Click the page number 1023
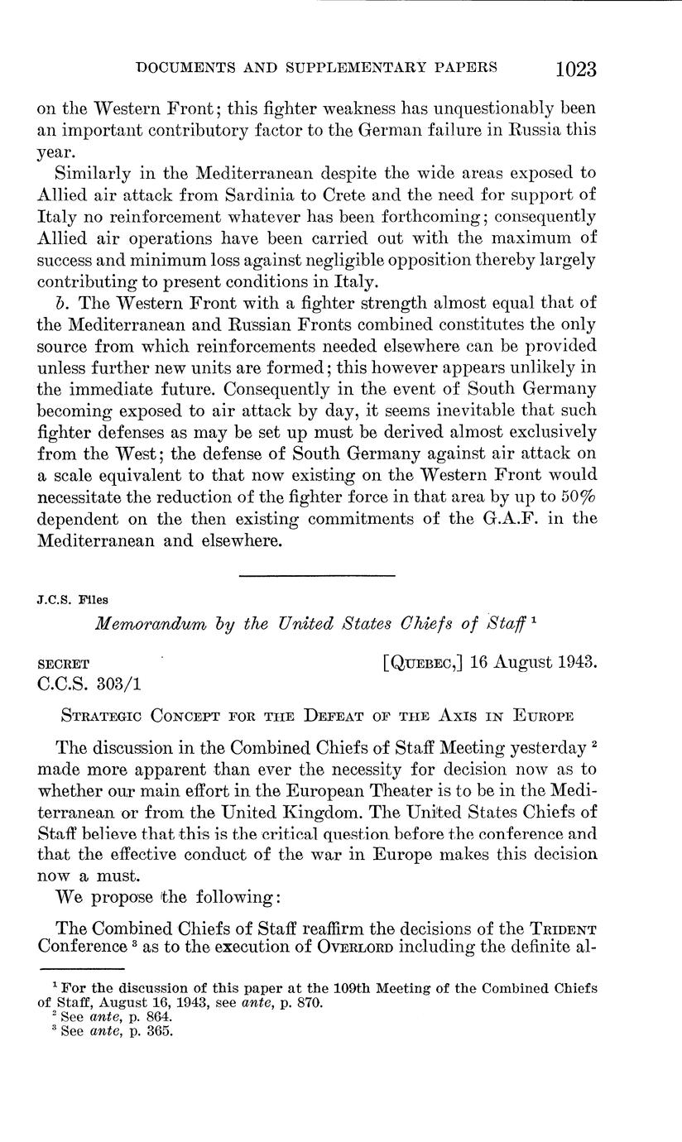565,68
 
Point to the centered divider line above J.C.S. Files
317,574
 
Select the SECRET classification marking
65,664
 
